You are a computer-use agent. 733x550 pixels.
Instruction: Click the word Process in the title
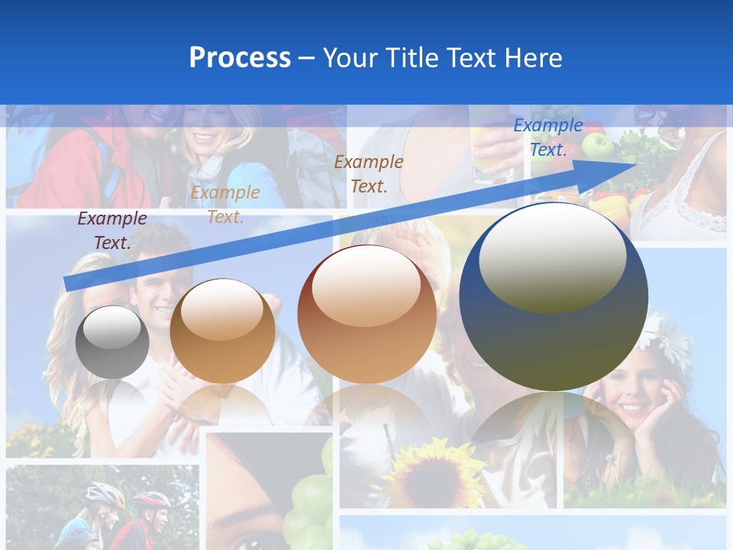pos(240,58)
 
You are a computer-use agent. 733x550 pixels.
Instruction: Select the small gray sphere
pos(112,342)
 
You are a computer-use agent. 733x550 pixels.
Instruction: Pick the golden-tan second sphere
pos(222,331)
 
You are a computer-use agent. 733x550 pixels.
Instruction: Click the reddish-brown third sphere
pos(366,314)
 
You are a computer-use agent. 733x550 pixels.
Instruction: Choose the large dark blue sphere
pos(554,296)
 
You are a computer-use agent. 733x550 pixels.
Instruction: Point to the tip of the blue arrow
pos(635,163)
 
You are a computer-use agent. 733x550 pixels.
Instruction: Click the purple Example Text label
pos(112,231)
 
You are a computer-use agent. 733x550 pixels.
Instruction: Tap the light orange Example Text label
pos(225,205)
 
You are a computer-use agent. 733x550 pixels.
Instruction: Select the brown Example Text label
pos(369,173)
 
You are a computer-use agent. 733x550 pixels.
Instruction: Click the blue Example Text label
pos(548,137)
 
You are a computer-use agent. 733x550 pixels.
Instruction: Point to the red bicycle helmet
pos(152,500)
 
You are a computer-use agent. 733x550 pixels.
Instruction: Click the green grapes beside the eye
pos(309,497)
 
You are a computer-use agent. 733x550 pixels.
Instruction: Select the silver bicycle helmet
pos(105,495)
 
